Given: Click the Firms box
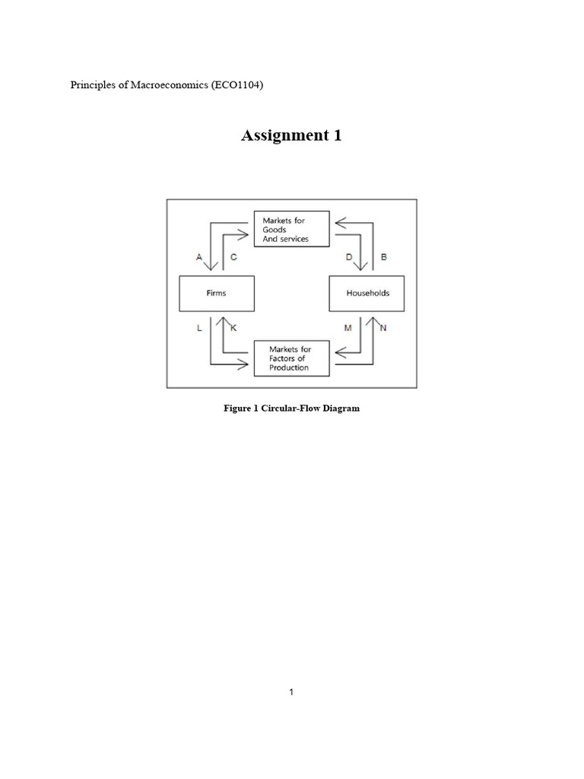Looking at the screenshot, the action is point(216,293).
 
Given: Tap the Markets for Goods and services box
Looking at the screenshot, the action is point(291,229).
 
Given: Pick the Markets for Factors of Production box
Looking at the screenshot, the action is point(291,358).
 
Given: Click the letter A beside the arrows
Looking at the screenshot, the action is point(199,257).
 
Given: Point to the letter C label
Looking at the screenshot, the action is point(233,257).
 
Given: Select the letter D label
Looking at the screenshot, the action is point(349,257).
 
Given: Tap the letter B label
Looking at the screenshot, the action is point(384,257).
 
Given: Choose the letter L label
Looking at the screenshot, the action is point(198,327).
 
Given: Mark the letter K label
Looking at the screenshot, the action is point(233,327).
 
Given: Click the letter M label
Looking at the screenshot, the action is point(348,327).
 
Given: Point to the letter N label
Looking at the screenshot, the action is point(383,327).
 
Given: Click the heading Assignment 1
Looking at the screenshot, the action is point(291,136).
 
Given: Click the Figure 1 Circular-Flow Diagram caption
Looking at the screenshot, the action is point(291,409).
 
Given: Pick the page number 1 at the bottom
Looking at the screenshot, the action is point(292,692).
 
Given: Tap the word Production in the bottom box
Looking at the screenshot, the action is point(289,368).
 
